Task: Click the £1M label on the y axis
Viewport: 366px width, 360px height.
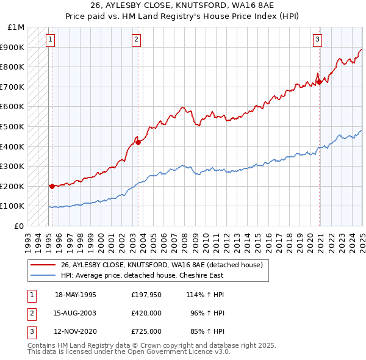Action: (16, 27)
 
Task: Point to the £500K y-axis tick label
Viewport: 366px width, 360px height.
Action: (14, 126)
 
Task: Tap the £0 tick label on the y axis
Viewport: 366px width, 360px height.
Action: (20, 226)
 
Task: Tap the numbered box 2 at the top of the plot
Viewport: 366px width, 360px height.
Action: (136, 40)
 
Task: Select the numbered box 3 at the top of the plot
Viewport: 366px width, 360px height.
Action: (317, 40)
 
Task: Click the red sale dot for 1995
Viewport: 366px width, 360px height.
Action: (52, 187)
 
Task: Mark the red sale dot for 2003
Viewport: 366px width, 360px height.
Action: (138, 142)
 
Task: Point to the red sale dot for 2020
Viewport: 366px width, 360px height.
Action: (320, 82)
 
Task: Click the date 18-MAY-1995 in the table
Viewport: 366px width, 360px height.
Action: (76, 294)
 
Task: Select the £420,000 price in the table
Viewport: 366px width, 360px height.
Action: (146, 313)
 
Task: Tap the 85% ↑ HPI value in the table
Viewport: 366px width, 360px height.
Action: (207, 332)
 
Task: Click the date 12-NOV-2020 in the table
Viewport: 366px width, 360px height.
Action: (76, 332)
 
